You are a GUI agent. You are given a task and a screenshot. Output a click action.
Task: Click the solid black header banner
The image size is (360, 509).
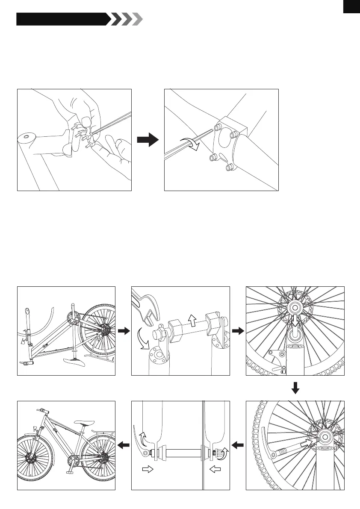click(62, 19)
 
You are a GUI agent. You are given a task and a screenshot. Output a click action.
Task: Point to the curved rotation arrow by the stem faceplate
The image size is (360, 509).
click(190, 144)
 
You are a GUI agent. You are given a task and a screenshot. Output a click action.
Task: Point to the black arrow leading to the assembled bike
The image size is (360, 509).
click(123, 446)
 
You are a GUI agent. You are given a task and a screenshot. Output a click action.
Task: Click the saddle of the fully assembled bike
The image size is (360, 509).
click(83, 424)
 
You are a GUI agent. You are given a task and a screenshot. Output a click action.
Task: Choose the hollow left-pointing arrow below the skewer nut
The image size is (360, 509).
click(216, 469)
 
